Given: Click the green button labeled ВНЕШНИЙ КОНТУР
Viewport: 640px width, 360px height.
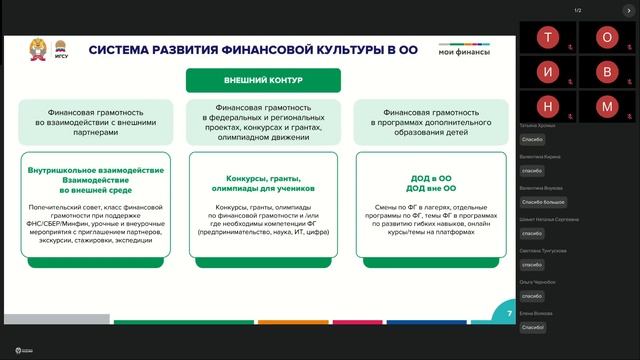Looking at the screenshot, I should [263, 80].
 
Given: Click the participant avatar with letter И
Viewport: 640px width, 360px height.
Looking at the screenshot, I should [547, 73].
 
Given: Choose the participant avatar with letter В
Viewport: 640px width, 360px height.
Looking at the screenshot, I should [606, 73].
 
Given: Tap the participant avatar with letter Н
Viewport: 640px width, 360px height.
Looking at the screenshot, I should [547, 106].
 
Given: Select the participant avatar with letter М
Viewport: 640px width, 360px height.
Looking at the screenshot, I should [606, 106].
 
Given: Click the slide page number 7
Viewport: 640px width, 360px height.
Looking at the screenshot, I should [509, 314].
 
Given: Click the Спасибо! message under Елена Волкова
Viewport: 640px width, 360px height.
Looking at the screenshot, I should [533, 327].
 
